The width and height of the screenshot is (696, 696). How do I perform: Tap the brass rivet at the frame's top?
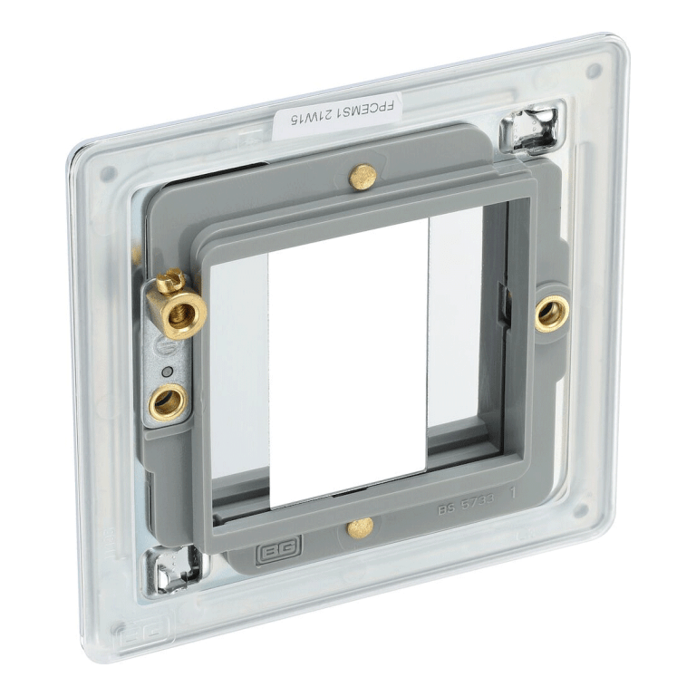pyautogui.click(x=362, y=176)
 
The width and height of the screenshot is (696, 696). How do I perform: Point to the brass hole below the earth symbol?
pyautogui.click(x=168, y=400)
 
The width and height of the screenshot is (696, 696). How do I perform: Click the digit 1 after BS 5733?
pyautogui.click(x=514, y=494)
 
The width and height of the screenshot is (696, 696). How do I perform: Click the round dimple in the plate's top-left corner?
pyautogui.click(x=108, y=173)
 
